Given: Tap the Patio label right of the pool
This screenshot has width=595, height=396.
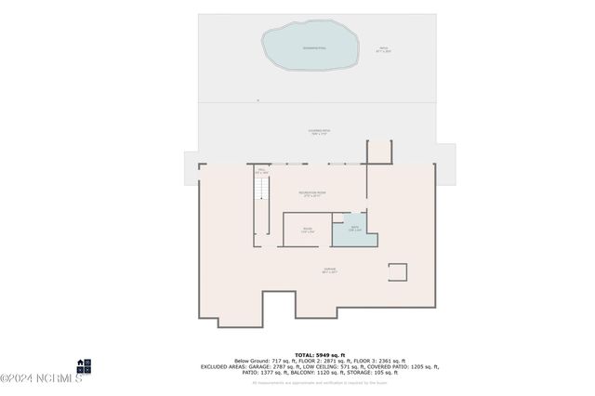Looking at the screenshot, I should pyautogui.click(x=382, y=50).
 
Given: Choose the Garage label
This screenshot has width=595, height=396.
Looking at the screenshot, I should pyautogui.click(x=329, y=271).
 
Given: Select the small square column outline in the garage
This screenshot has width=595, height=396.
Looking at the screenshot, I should pyautogui.click(x=397, y=272).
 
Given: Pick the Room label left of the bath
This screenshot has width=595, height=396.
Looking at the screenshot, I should pyautogui.click(x=308, y=230).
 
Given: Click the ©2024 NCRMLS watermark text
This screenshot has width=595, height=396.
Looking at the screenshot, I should pyautogui.click(x=42, y=377).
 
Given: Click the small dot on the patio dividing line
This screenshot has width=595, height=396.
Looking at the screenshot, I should pyautogui.click(x=258, y=100).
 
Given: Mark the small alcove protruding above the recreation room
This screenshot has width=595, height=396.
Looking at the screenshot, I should pyautogui.click(x=379, y=153).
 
